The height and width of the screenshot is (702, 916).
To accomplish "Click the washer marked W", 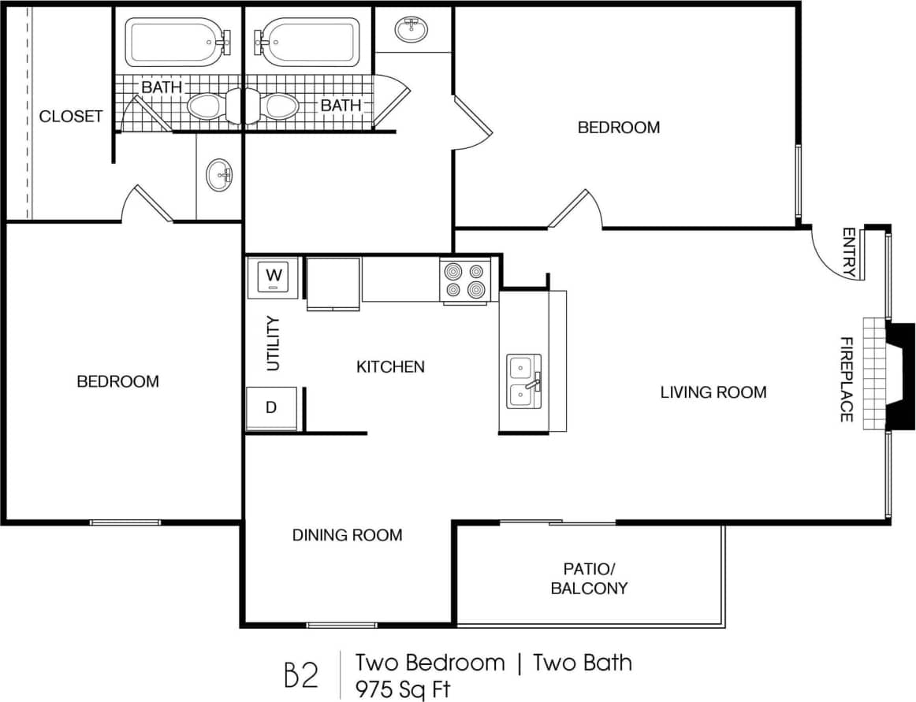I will tap(274, 277).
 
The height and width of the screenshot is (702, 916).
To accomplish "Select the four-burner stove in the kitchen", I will tap(464, 280).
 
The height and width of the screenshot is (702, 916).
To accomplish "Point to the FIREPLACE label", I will tap(846, 379).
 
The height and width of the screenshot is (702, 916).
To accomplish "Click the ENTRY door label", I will tap(848, 252).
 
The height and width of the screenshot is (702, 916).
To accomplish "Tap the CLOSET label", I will tap(71, 117).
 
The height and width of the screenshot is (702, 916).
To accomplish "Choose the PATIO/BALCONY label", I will tap(589, 578).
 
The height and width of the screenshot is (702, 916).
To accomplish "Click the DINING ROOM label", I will tap(347, 535).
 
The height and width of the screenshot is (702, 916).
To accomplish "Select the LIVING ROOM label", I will tap(713, 392).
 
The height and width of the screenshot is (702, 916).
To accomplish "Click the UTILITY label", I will tap(274, 344).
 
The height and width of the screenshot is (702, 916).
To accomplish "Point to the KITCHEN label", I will tap(390, 366).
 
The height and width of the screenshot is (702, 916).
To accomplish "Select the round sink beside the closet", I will tap(220, 175).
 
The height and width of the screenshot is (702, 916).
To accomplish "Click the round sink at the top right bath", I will tap(411, 30).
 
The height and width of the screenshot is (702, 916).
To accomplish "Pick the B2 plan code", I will tap(301, 676).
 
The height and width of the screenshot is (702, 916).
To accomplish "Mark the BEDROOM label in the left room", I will tap(117, 381).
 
